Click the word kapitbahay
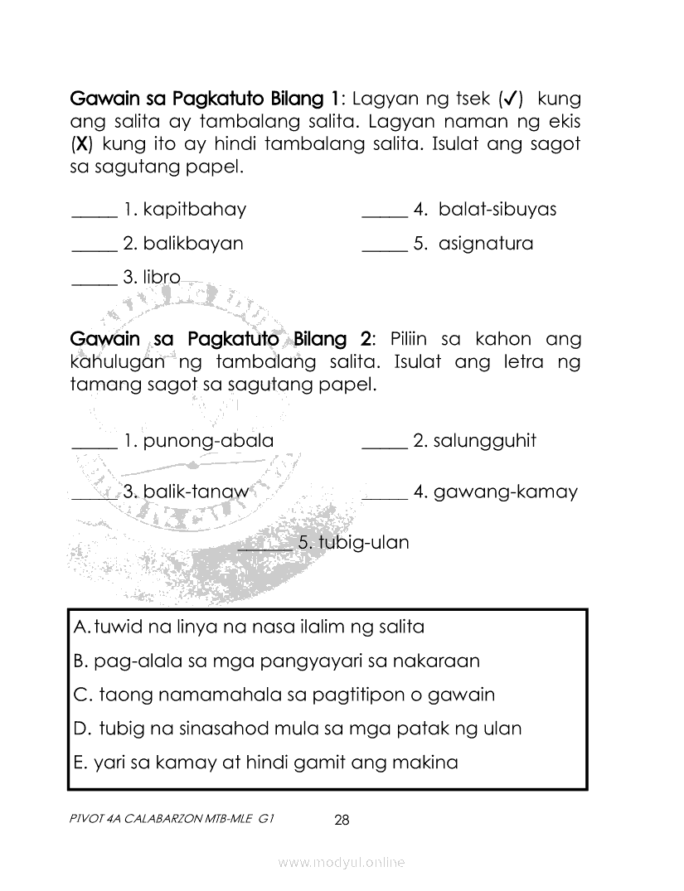(x=194, y=210)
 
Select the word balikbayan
(x=193, y=244)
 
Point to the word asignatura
(x=486, y=245)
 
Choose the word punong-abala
(x=208, y=441)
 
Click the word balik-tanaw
(x=196, y=492)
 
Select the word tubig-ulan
(x=364, y=543)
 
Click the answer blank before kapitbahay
(x=95, y=214)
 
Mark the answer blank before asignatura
(x=385, y=249)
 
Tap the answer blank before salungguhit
(x=385, y=446)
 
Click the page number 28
(x=342, y=821)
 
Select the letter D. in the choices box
(x=82, y=729)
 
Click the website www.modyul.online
(x=342, y=863)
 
